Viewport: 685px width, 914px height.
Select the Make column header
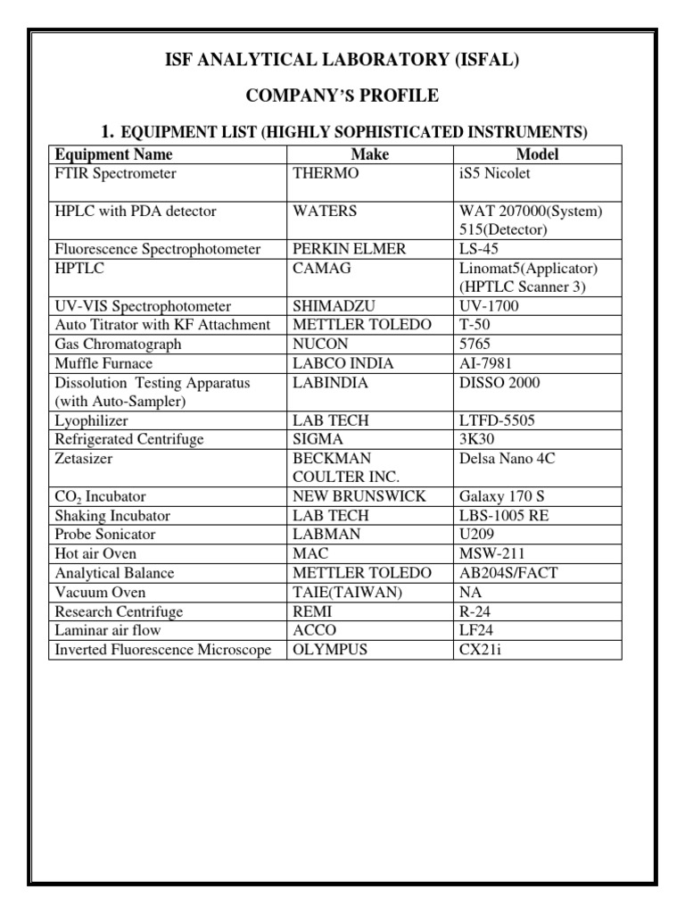(370, 154)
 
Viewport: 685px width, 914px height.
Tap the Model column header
(537, 154)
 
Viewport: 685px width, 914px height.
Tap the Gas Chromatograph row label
(118, 344)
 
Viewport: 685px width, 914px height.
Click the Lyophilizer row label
(91, 420)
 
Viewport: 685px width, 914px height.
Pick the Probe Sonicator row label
(105, 535)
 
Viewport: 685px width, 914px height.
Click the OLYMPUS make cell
(330, 650)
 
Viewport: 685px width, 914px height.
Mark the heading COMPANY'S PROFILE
(342, 96)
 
